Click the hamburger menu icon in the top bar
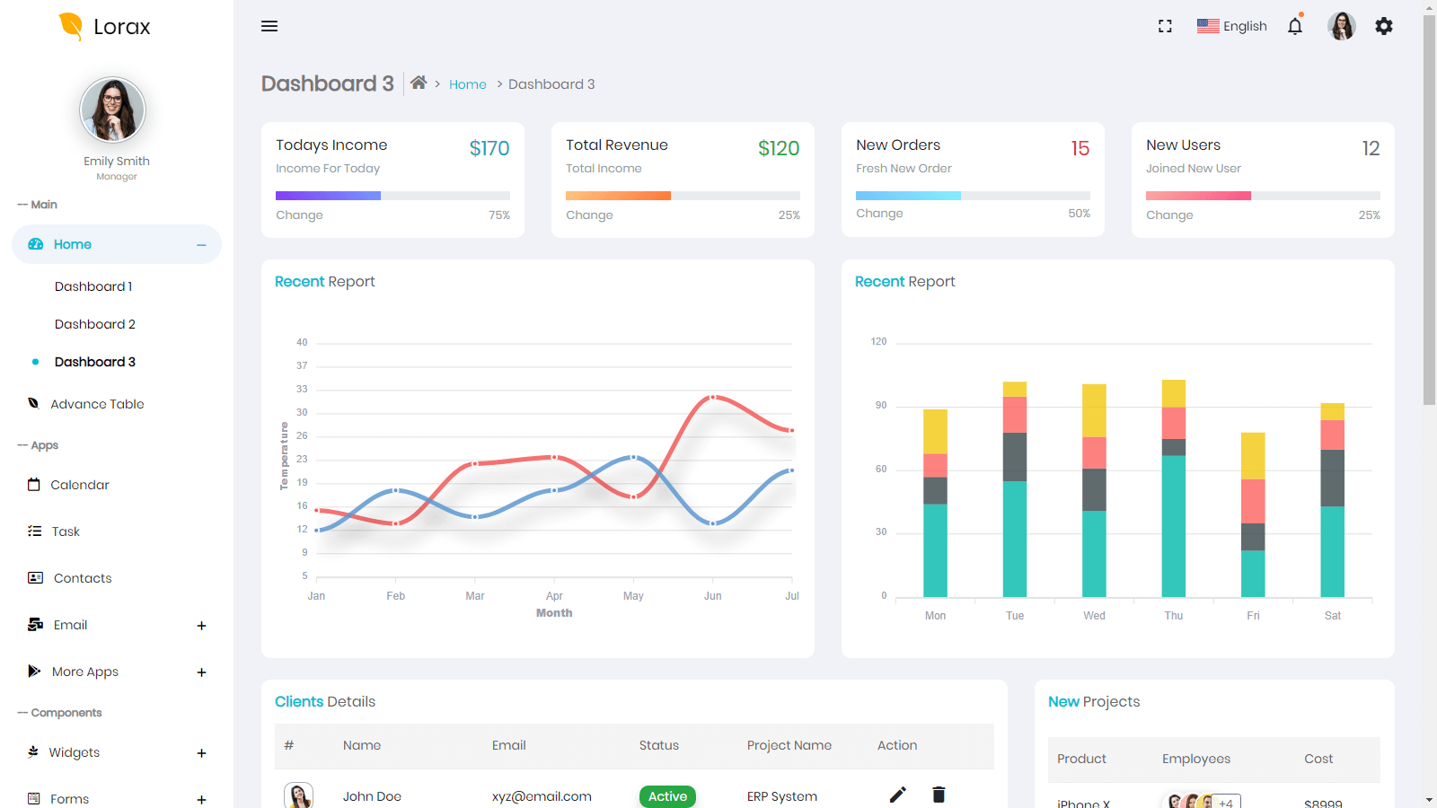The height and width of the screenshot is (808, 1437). click(269, 26)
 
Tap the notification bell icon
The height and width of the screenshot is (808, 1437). click(1294, 26)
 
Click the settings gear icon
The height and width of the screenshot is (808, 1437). click(1384, 26)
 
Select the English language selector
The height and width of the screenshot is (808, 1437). click(1231, 26)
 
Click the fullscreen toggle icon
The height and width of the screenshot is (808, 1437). click(1165, 26)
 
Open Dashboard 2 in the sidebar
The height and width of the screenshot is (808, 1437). click(95, 324)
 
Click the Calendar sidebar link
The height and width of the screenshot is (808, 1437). click(80, 485)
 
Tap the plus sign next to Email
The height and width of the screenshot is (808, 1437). click(201, 626)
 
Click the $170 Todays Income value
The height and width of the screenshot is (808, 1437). click(489, 148)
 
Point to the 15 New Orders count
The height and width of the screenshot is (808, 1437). click(1080, 148)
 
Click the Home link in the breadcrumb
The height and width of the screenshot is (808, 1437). click(467, 84)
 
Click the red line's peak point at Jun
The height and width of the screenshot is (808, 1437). click(713, 397)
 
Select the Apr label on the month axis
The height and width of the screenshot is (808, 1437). click(554, 596)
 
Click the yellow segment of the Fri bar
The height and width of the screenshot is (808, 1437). click(1253, 455)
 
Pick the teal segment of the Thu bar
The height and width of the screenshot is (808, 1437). click(1173, 525)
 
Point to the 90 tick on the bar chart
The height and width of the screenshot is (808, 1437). click(881, 406)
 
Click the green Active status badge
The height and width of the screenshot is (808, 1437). click(667, 796)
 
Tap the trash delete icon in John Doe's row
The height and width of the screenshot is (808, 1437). click(939, 795)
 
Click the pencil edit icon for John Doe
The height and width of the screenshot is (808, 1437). click(897, 795)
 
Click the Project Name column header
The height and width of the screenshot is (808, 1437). click(789, 745)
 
